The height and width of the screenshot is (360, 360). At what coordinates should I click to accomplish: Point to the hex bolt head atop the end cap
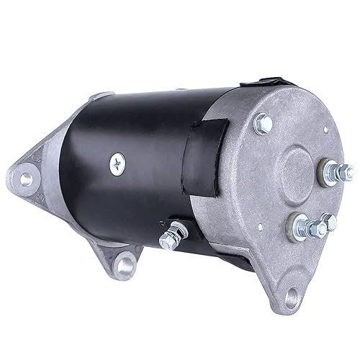tap(264, 125)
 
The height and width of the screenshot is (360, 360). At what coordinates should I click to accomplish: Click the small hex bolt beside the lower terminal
tap(330, 222)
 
